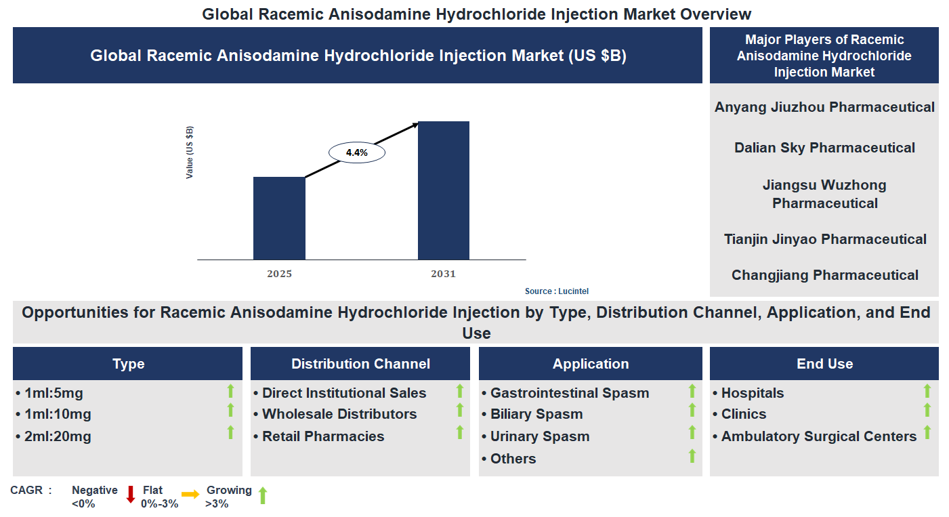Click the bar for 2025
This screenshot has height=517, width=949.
coord(279,218)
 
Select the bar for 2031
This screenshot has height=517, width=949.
coord(443,190)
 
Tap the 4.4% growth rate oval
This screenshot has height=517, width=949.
coord(356,153)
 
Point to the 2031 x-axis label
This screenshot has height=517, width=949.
coord(443,274)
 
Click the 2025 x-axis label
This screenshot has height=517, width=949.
coord(279,274)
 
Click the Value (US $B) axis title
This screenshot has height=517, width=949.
coord(190,152)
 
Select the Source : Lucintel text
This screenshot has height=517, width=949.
coord(556,291)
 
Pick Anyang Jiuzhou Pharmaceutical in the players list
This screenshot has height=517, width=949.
coord(824,107)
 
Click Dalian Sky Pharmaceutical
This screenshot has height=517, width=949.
coord(824,148)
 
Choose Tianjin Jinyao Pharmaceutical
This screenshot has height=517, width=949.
coord(824,239)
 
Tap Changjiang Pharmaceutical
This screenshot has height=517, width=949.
coord(824,275)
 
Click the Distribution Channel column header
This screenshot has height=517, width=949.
coord(360,364)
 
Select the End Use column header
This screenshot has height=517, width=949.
coord(824,364)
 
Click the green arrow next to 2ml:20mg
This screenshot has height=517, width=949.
coord(230,432)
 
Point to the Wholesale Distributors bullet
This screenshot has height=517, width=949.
coord(339,414)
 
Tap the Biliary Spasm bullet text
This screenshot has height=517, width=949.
coord(536,414)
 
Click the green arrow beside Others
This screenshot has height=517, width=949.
coord(692,456)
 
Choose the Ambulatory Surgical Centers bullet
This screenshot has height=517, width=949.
coord(818,437)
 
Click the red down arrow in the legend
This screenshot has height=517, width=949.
coord(131,495)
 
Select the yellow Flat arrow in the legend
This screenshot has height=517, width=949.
coord(190,495)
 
